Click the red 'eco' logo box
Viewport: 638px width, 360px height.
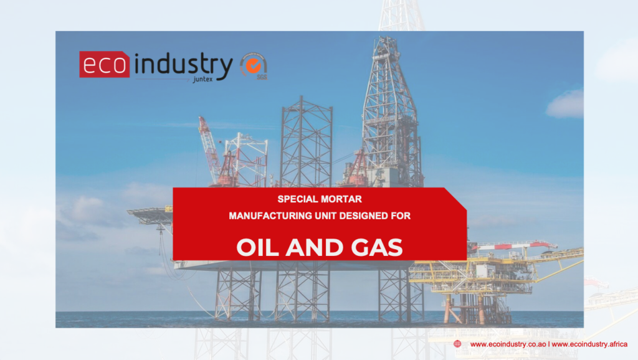(x=105, y=64)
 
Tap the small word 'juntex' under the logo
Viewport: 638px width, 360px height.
(x=202, y=79)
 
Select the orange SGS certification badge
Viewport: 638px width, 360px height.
(x=254, y=65)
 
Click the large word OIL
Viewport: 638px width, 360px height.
(x=257, y=247)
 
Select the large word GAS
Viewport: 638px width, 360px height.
(x=377, y=247)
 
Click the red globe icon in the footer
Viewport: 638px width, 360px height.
(x=457, y=344)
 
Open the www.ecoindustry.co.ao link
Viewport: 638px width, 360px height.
(x=508, y=344)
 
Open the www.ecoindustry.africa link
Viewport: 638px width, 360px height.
(x=589, y=344)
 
